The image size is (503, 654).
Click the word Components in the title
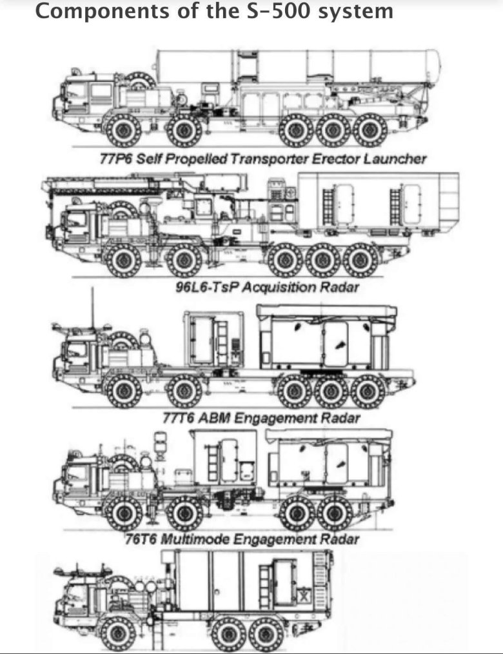(102, 11)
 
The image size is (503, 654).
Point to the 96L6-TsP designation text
(206, 288)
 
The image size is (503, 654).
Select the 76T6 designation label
(141, 539)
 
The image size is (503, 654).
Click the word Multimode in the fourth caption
(195, 539)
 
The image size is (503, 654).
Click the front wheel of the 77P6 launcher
(123, 130)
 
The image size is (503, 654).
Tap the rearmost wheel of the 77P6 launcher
(370, 130)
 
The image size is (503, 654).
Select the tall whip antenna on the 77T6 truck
(93, 306)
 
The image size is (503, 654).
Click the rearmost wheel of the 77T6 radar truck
(368, 391)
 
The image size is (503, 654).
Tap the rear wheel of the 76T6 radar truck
(334, 513)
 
